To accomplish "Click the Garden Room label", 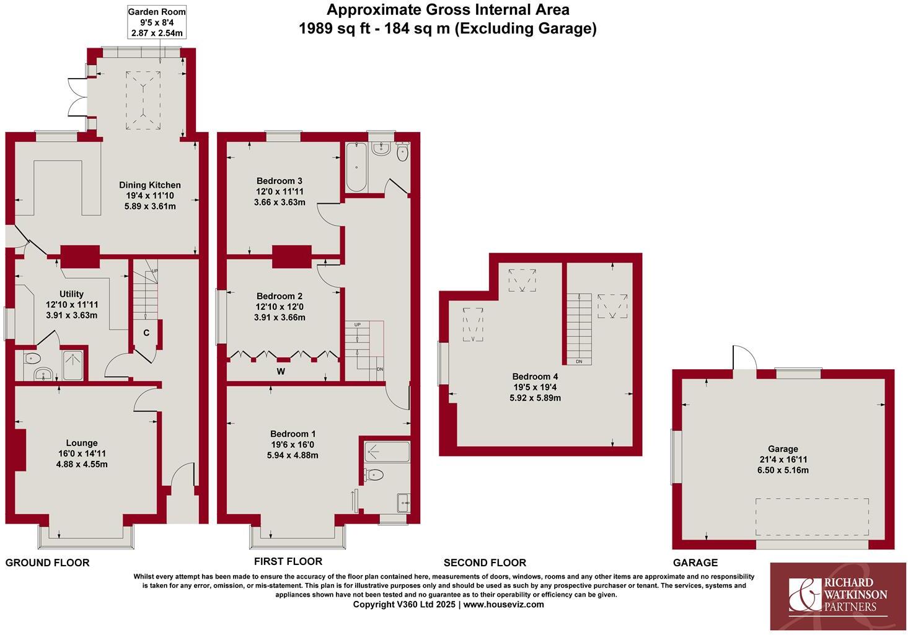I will pyautogui.click(x=156, y=12).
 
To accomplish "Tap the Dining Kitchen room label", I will pyautogui.click(x=150, y=185).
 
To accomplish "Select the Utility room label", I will pyautogui.click(x=72, y=294).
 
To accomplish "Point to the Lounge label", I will pyautogui.click(x=82, y=443).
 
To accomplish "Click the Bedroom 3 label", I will pyautogui.click(x=279, y=181).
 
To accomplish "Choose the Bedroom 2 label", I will pyautogui.click(x=279, y=296).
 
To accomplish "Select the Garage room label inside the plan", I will pyautogui.click(x=783, y=449).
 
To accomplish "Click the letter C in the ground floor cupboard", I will pyautogui.click(x=146, y=333).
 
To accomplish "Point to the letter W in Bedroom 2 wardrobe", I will pyautogui.click(x=281, y=372).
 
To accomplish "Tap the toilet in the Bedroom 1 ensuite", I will pyautogui.click(x=374, y=475).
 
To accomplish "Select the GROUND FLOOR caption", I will pyautogui.click(x=47, y=563).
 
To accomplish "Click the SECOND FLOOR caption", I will pyautogui.click(x=485, y=563).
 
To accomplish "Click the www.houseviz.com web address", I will pyautogui.click(x=503, y=605).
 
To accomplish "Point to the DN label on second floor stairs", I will pyautogui.click(x=579, y=361).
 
